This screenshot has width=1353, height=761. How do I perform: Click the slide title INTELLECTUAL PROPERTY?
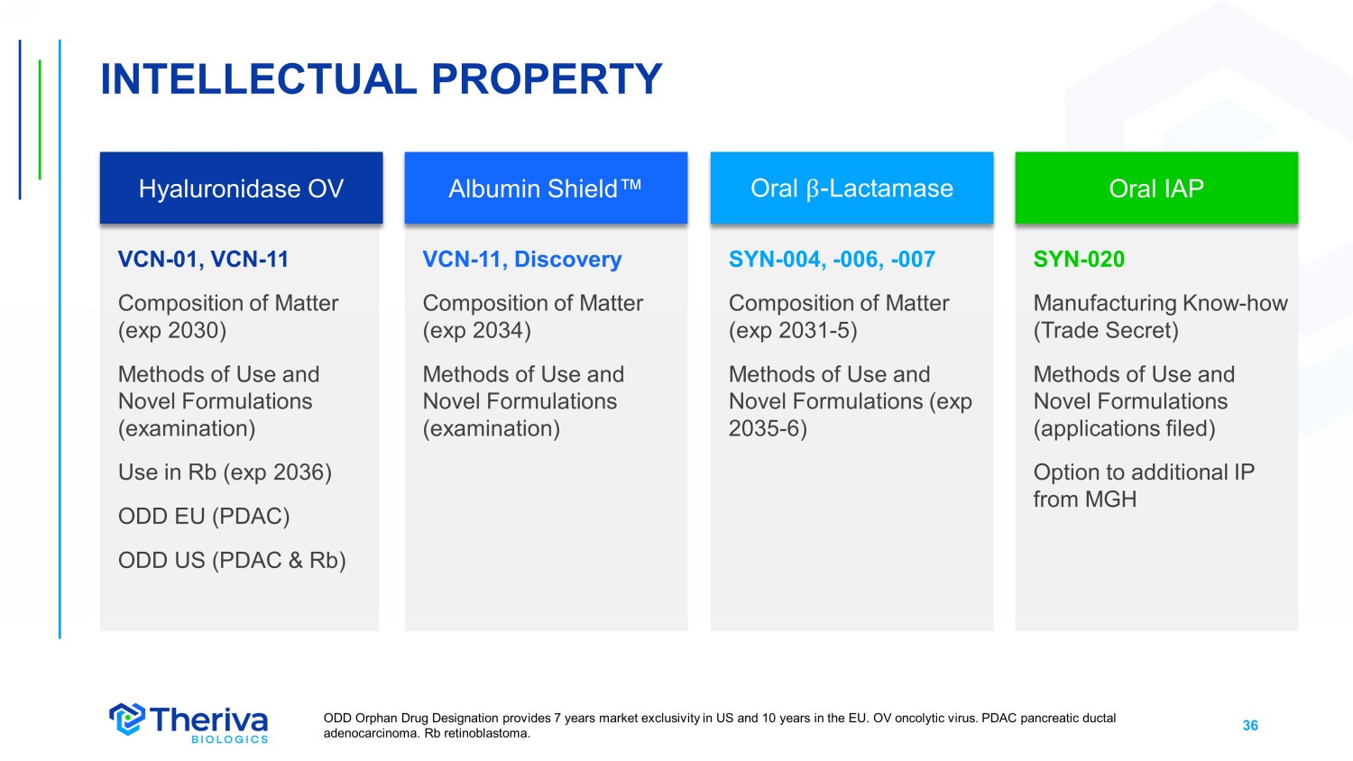(x=382, y=79)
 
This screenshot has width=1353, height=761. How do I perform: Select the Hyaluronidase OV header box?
(x=241, y=188)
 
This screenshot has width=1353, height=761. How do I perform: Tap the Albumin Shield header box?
(x=546, y=188)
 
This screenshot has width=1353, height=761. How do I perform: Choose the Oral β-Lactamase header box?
(x=851, y=188)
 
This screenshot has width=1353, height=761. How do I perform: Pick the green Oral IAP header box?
(x=1156, y=188)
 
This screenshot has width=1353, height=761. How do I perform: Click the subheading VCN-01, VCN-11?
(x=203, y=259)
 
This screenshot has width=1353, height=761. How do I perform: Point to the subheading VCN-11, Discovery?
(x=522, y=259)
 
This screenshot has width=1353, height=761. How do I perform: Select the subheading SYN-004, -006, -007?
(x=832, y=259)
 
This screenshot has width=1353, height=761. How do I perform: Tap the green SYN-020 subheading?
(x=1079, y=259)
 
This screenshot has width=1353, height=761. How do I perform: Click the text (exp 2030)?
(x=172, y=331)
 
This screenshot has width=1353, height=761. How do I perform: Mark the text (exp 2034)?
(x=476, y=331)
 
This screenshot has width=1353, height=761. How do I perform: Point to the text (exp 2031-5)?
(x=793, y=331)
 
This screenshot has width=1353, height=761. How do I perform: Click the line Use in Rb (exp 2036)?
(x=225, y=472)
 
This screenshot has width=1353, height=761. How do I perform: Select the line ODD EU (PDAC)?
(x=204, y=517)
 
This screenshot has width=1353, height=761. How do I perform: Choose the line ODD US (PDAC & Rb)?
(x=232, y=561)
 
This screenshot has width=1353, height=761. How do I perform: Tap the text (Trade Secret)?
(x=1106, y=331)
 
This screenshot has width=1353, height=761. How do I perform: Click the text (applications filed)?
(x=1124, y=429)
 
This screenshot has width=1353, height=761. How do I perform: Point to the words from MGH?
(x=1085, y=500)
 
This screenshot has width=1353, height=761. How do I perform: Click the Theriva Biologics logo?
(x=189, y=723)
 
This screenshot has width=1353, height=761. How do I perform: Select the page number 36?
(x=1250, y=725)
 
